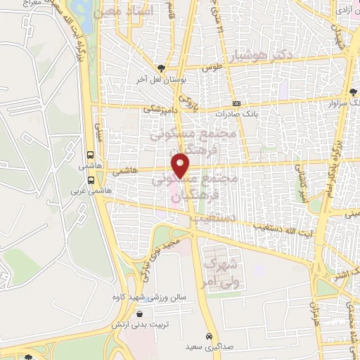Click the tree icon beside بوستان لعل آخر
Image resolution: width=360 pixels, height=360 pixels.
click(162, 68)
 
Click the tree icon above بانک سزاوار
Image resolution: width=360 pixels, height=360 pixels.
click(352, 92)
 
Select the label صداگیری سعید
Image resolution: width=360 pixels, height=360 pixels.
click(209, 347)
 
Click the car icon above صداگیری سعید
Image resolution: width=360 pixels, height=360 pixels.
click(209, 335)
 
